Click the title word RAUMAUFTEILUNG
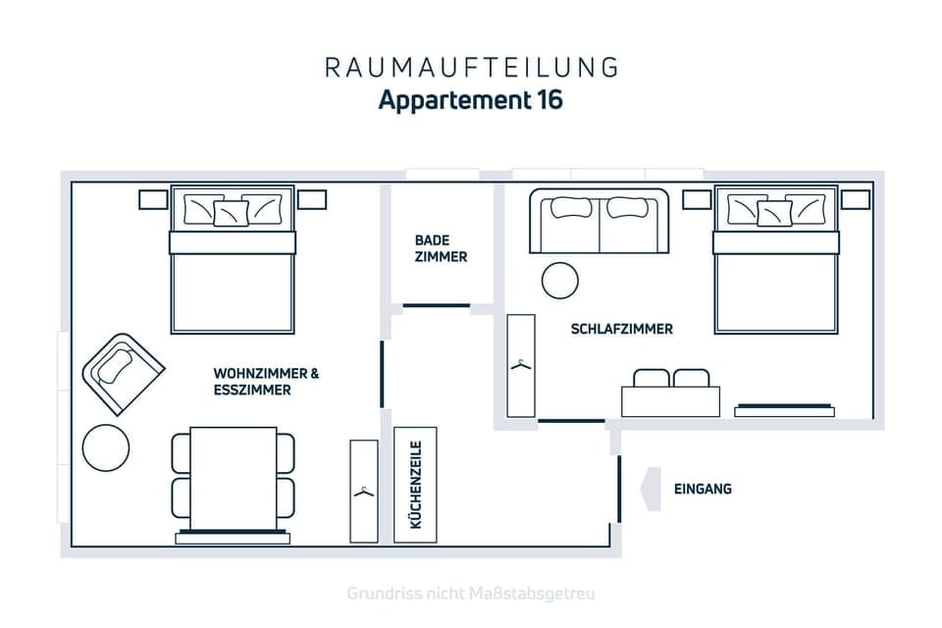coord(471,67)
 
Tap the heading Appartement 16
coord(471,100)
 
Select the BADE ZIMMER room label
coord(441,248)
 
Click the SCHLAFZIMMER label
coord(622,330)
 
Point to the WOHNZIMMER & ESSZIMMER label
coord(266,382)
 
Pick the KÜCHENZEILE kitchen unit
coord(415,485)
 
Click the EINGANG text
coord(703,489)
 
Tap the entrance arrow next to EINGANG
coord(650,489)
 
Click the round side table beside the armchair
coord(106,447)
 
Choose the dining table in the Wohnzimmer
coord(234,479)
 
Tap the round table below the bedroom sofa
coord(560,281)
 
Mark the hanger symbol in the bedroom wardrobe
coord(521,365)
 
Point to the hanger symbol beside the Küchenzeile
coord(364,490)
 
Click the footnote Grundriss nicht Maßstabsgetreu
coord(471,594)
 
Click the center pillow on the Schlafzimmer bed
coord(774,213)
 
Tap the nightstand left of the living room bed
coord(153,199)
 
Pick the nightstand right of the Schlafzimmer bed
coord(855,199)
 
